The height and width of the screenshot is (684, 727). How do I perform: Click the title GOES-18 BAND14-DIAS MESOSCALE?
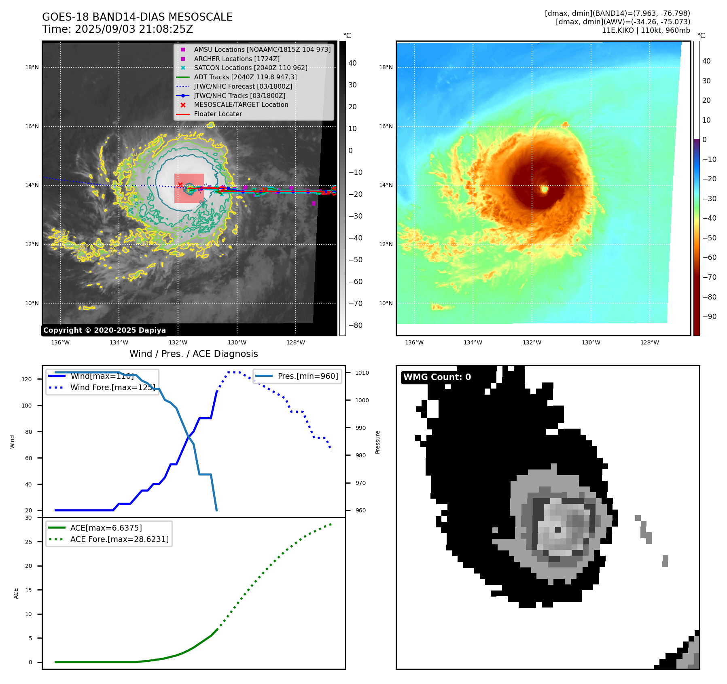coord(137,17)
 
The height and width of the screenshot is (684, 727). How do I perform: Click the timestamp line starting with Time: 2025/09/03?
coord(117,30)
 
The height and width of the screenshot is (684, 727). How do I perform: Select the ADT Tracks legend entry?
coord(245,77)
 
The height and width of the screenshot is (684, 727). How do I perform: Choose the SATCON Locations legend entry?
coord(250,68)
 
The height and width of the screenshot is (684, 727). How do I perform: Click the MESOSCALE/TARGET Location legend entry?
coord(241,105)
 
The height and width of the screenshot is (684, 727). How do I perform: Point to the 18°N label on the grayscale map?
coord(32,68)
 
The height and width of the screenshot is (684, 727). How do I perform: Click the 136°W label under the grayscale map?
coord(60,343)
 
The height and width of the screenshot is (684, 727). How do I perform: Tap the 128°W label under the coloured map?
coord(650,343)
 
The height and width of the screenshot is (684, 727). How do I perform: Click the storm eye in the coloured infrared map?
coord(545,189)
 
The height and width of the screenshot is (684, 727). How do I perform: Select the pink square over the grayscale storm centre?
coord(189,188)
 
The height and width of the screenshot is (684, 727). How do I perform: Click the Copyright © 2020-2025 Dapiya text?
coord(104,330)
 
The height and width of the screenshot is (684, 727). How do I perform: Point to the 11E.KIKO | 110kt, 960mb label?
coord(646,30)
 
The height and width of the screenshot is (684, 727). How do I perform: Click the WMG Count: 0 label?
coord(437,377)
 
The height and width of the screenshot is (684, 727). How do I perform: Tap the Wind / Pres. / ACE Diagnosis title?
coord(193,354)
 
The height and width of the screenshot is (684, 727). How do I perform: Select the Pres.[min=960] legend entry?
coord(307,376)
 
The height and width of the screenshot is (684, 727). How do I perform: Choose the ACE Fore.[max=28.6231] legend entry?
coord(119,539)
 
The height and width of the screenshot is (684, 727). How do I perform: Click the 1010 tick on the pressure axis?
coord(362,373)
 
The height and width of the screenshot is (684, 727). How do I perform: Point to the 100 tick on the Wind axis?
coord(27,406)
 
